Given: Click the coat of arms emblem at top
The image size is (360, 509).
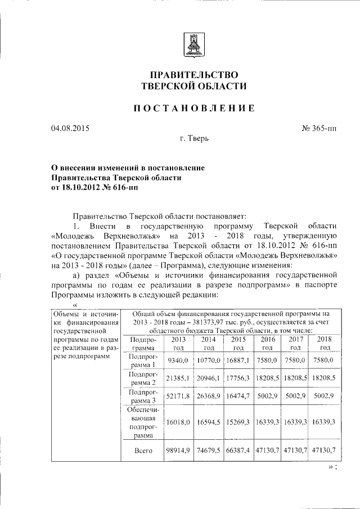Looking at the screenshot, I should pos(191,44).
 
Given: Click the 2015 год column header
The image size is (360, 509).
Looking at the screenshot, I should pos(238,344).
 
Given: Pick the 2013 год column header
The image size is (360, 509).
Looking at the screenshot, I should pos(178,344).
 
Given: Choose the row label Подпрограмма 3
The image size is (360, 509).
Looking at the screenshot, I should pos(143,396).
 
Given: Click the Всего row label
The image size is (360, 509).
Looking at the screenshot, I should pos(143,450).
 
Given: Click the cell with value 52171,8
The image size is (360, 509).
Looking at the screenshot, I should pos(178,396).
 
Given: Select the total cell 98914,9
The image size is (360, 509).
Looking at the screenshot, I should pos(178,450).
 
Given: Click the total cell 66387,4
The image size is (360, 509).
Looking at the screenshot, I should pos(238,450).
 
